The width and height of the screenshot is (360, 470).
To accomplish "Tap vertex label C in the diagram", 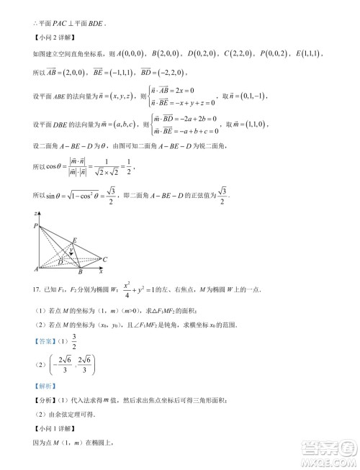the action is tap(105, 258).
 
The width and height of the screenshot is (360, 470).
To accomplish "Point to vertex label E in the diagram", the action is tap(74, 240).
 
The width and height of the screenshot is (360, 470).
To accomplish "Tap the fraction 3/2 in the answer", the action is tap(73, 343).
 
